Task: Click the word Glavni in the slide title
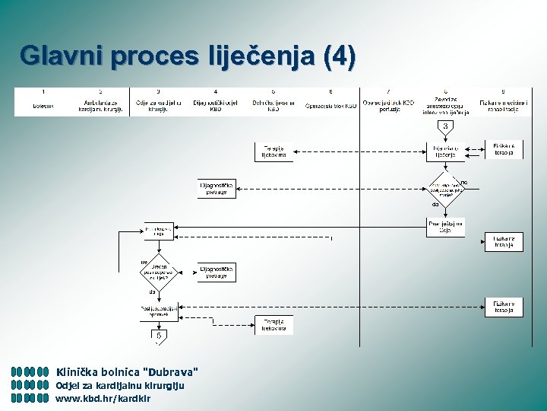tap(63, 56)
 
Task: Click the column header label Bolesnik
tap(43, 106)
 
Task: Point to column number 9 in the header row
tap(502, 91)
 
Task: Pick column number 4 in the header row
tap(215, 91)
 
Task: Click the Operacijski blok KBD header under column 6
tap(330, 106)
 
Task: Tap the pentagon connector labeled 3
tap(445, 126)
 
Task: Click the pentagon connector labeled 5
tap(158, 335)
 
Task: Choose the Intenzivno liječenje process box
tap(445, 151)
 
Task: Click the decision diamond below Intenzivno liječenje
tap(445, 186)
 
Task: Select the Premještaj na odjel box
tap(445, 227)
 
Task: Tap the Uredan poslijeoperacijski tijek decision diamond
tap(158, 272)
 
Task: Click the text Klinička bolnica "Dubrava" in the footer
tap(127, 372)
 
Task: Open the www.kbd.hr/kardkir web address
tap(103, 398)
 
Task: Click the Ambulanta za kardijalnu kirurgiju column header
tap(101, 106)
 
